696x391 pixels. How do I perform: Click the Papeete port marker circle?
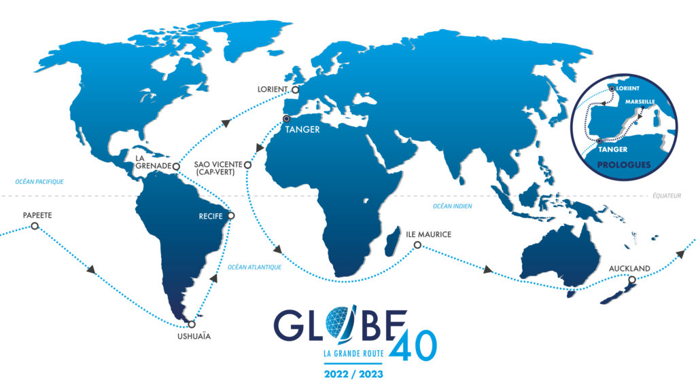(35, 226)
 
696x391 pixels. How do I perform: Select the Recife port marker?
(231, 217)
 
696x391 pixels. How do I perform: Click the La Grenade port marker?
(175, 166)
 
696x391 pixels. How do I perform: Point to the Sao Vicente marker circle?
(247, 165)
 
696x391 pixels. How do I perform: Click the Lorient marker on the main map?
(295, 89)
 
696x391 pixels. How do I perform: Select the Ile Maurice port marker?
(417, 245)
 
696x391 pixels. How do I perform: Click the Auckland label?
(630, 268)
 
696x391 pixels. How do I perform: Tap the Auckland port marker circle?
(632, 280)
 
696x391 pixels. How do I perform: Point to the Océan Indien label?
(452, 206)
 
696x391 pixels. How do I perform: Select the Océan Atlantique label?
(255, 267)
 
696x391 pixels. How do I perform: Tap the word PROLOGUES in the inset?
(623, 165)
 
